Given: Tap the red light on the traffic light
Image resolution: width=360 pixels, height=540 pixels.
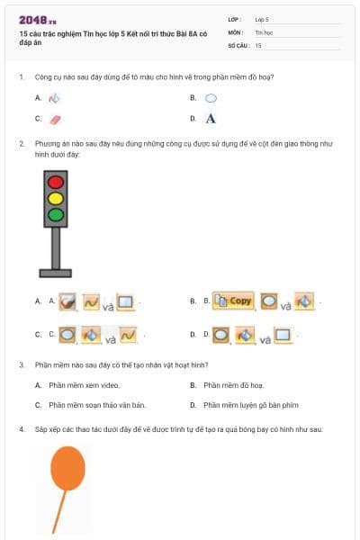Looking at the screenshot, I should coord(56,181).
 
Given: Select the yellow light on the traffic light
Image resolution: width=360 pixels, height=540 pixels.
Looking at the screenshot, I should coord(56,197).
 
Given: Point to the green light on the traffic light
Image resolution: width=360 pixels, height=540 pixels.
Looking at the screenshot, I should coord(56,214).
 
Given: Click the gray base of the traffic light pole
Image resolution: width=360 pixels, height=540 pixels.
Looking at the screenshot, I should coord(56,272).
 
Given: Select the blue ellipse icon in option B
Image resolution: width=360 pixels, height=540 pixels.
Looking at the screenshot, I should coord(211,97).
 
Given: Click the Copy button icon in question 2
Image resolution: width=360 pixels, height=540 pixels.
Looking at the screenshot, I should coord(232,301).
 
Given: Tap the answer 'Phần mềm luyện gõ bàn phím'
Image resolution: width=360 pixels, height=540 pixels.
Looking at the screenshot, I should coord(245,404).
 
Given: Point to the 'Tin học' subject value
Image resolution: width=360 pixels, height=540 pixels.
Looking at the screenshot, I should coord(263,31).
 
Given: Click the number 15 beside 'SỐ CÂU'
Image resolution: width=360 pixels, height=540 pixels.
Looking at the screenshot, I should coord(258,44).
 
